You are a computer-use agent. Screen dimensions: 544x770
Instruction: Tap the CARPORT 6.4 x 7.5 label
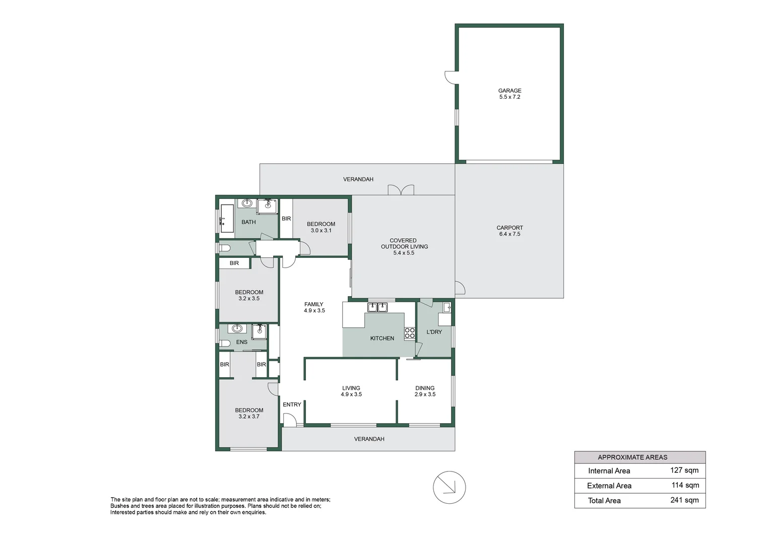click(509, 231)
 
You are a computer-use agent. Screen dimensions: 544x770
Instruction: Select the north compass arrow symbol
click(449, 487)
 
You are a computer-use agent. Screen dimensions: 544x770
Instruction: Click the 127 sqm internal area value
click(684, 470)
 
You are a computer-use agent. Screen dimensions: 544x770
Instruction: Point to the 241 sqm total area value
click(684, 500)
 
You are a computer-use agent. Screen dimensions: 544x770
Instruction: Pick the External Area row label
click(609, 486)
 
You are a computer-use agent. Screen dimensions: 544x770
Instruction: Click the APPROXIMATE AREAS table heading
click(632, 457)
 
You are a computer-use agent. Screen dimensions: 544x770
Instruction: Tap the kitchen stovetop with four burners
click(410, 333)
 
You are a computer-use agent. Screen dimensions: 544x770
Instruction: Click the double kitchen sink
click(377, 307)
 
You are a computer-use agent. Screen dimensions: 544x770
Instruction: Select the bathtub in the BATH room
click(227, 219)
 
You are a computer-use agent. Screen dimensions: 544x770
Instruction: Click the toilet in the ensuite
click(225, 343)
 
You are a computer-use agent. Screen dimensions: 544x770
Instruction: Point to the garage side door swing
click(450, 77)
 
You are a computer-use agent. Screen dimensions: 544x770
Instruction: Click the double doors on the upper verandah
click(401, 190)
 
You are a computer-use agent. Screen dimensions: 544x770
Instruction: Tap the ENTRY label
click(292, 404)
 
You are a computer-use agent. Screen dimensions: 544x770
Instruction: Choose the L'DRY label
click(434, 332)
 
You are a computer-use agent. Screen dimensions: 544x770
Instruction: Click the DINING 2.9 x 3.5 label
click(425, 391)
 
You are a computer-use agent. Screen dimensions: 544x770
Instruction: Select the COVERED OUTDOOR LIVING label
click(404, 246)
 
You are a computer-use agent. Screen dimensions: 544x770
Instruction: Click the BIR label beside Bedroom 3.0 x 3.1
click(286, 219)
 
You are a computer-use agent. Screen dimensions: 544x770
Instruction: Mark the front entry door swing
click(289, 420)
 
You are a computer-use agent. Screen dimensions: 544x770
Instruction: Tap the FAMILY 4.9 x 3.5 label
click(314, 307)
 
